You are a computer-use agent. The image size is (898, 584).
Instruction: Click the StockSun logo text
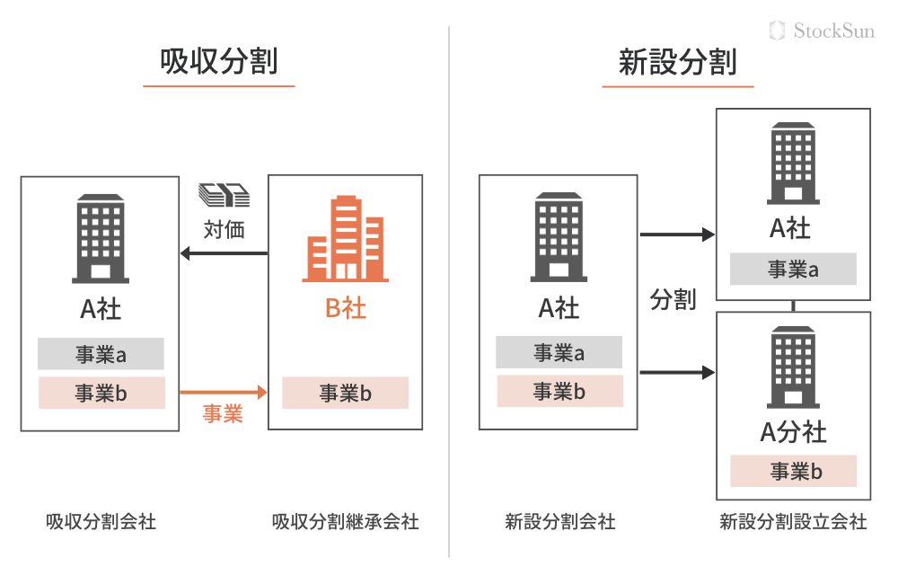click(833, 31)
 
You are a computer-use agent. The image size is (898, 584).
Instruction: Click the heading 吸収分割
click(218, 63)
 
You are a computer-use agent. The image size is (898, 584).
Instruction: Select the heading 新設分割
click(678, 63)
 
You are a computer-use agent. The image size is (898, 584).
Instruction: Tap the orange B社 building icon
click(345, 239)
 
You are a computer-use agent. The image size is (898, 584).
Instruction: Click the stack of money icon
click(223, 194)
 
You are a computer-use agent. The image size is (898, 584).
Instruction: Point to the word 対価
click(224, 229)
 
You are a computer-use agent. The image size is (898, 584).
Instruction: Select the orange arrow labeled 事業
click(223, 393)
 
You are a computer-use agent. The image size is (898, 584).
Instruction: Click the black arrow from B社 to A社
click(224, 253)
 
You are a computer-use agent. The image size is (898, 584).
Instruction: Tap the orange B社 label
click(345, 309)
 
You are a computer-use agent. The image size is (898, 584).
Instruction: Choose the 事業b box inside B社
click(345, 393)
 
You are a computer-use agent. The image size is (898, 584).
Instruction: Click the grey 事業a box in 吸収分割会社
click(101, 354)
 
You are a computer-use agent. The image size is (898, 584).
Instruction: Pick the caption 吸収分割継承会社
click(345, 521)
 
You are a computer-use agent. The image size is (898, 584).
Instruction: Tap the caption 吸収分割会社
click(101, 521)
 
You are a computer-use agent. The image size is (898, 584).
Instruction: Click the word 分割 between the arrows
click(673, 300)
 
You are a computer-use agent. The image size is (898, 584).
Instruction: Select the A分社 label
click(793, 432)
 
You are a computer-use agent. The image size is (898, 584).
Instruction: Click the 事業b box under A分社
click(793, 472)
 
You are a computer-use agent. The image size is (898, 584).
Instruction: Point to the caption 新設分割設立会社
click(793, 521)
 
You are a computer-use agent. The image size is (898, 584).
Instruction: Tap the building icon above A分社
click(793, 367)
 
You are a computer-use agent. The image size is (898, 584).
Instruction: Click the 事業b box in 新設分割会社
click(559, 392)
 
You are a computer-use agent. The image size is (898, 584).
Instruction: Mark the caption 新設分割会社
click(559, 521)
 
